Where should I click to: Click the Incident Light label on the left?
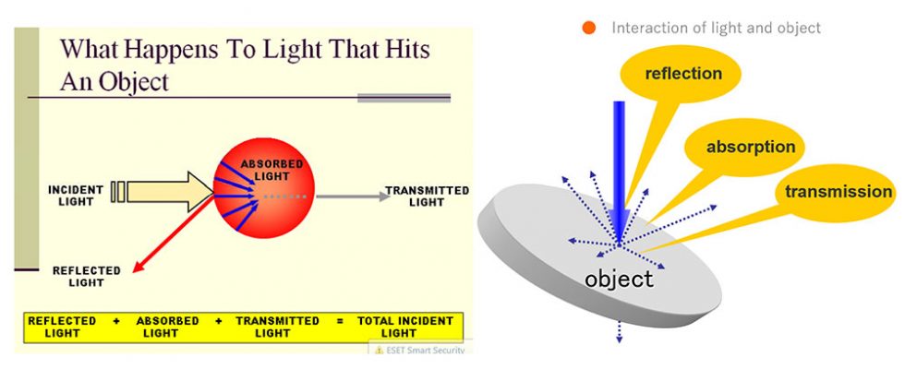[x=76, y=195]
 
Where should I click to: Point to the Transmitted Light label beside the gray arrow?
[x=427, y=196]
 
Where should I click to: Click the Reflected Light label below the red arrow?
[x=86, y=276]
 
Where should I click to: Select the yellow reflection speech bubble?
[x=682, y=74]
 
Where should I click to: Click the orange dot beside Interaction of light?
[x=589, y=29]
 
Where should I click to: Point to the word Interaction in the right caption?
[x=650, y=28]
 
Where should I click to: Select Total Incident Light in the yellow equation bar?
[x=405, y=327]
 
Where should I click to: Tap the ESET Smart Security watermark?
[x=419, y=349]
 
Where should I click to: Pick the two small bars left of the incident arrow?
[x=116, y=192]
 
